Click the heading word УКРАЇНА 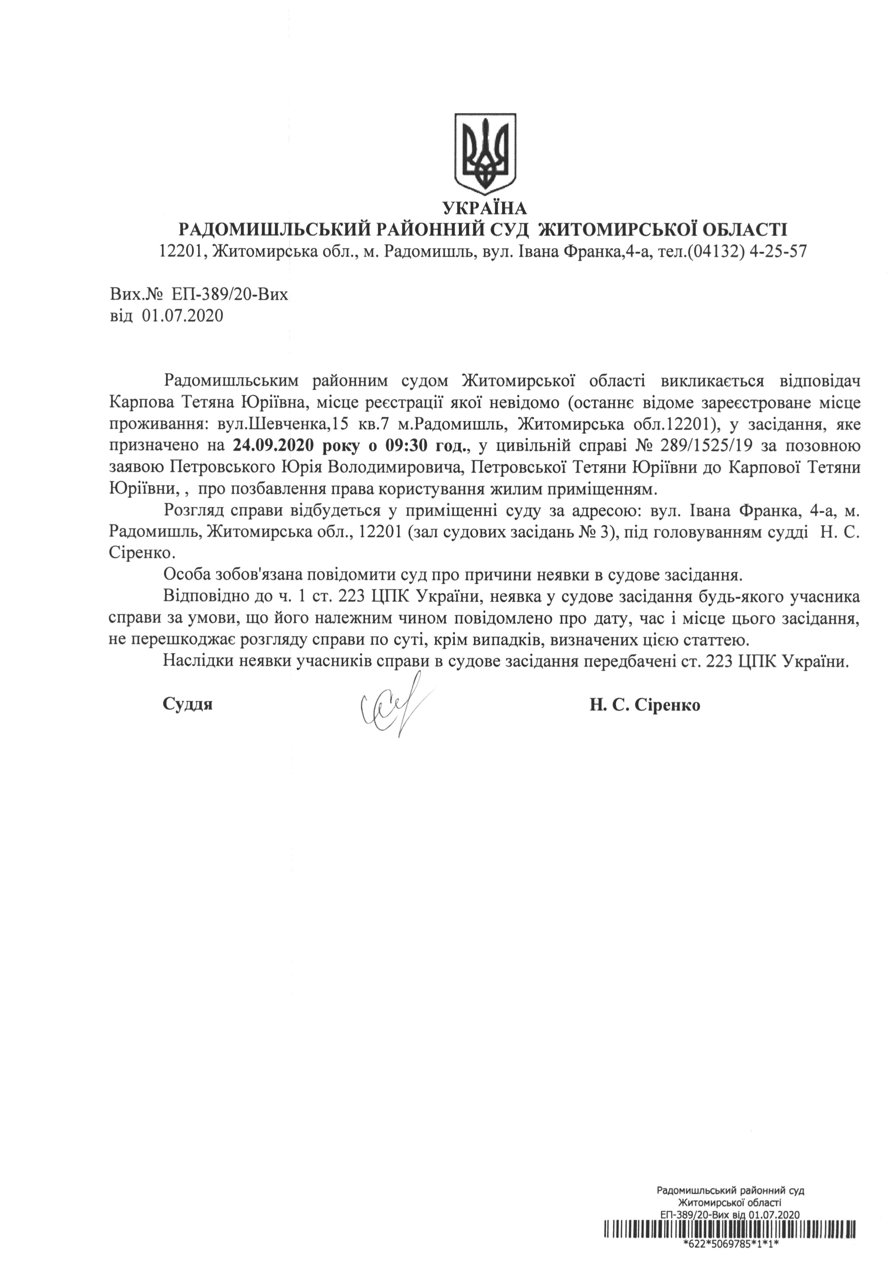485,208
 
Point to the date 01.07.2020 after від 183,316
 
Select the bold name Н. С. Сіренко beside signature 644,705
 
